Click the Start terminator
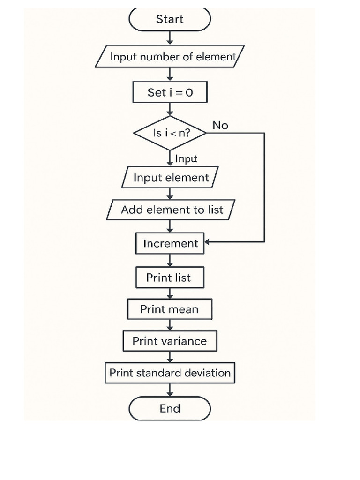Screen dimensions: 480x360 click(x=170, y=19)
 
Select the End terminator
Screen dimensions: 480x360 click(x=170, y=408)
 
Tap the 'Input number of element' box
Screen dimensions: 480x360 click(x=170, y=57)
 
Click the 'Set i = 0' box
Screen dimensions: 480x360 click(x=170, y=92)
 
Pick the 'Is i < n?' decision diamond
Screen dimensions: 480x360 click(x=170, y=133)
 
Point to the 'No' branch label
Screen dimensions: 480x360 click(x=220, y=125)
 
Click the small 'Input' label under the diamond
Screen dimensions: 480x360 click(x=186, y=159)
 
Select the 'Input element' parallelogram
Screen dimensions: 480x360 click(x=170, y=178)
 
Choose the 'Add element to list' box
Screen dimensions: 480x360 click(x=170, y=210)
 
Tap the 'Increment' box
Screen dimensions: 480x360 click(x=170, y=243)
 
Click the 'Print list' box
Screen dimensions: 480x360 click(x=170, y=277)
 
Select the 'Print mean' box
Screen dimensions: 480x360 click(x=170, y=309)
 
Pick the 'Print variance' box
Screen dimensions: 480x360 click(x=170, y=341)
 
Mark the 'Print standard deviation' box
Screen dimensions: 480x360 click(x=170, y=373)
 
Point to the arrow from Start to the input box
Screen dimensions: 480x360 click(x=170, y=37)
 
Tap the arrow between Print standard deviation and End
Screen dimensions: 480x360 click(x=170, y=390)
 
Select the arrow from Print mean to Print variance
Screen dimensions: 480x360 click(x=170, y=325)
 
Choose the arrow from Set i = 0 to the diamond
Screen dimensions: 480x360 click(x=170, y=109)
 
